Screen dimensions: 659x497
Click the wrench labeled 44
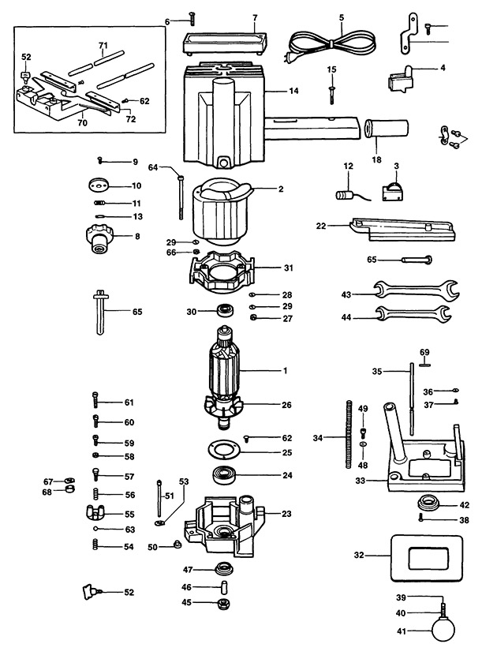click(413, 316)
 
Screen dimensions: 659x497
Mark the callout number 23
click(286, 514)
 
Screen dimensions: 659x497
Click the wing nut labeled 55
click(94, 514)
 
